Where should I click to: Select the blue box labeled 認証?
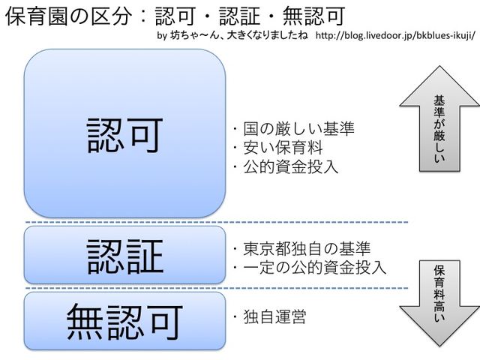pos(125,255)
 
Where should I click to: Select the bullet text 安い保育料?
pos(280,148)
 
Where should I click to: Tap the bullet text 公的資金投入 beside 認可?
pos(286,166)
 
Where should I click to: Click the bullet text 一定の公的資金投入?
pos(309,267)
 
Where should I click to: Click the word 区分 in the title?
pos(106,15)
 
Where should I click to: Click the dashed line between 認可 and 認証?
pos(217,223)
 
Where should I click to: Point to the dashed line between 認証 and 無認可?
pos(217,288)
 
